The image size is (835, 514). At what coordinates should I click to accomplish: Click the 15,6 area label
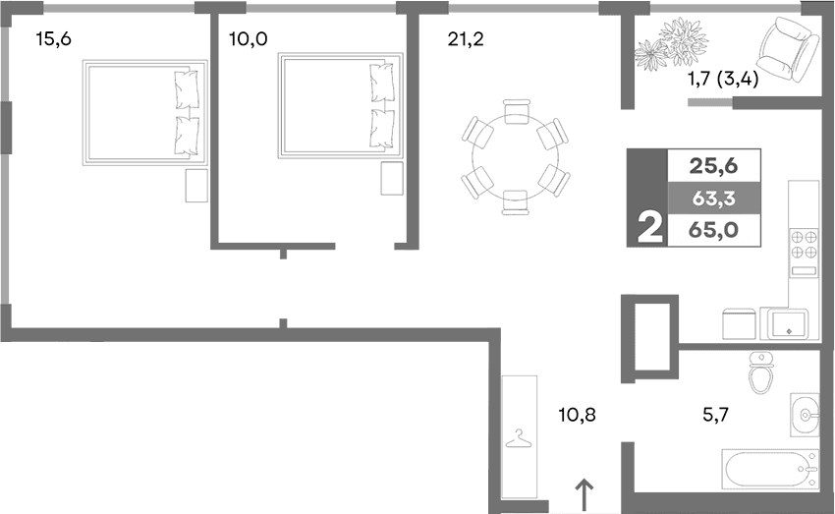tap(54, 40)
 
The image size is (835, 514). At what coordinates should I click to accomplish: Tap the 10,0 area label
tap(248, 40)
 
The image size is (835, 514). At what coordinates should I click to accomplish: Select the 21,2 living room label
tap(467, 40)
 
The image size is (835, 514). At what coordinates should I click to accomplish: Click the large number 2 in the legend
tap(647, 230)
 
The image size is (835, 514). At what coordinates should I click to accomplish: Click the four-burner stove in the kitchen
tap(805, 244)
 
